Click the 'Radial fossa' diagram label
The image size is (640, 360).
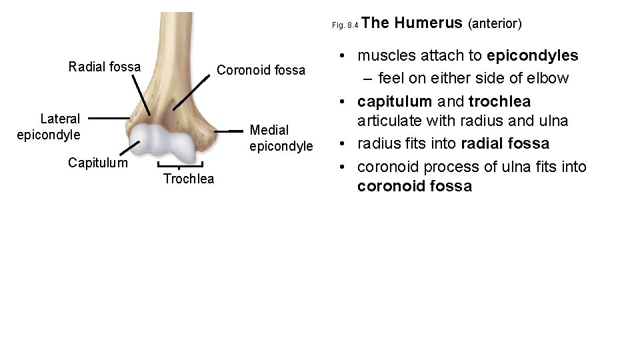coord(105,67)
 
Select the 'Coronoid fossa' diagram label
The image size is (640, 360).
coord(261,70)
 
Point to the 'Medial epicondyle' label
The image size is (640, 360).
coord(281,138)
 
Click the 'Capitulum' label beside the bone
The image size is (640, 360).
coord(97,162)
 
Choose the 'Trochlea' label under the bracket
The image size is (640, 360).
coord(189,179)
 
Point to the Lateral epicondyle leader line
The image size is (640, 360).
coord(109,119)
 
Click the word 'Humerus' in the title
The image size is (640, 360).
coord(429,23)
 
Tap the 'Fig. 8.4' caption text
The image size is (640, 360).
coord(346,26)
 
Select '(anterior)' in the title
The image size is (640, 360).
coord(495,24)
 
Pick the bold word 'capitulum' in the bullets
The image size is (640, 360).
coord(393,102)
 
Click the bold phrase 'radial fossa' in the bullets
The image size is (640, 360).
coord(505,144)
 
